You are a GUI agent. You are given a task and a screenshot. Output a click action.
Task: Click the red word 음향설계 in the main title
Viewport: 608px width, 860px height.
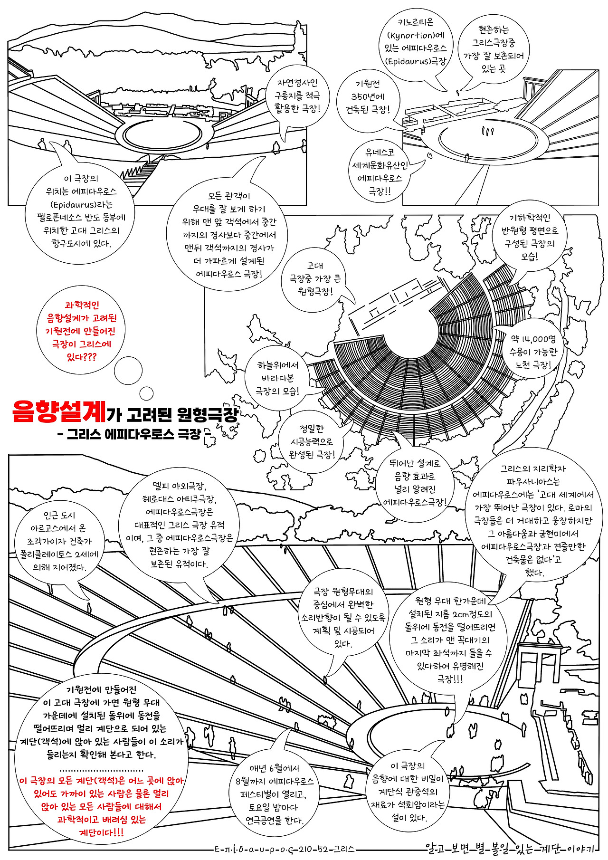[x=58, y=411]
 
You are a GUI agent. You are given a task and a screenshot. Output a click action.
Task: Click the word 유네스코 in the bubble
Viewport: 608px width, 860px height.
[x=380, y=153]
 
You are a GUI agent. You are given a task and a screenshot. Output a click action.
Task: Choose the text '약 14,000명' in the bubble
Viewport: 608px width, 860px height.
[x=533, y=339]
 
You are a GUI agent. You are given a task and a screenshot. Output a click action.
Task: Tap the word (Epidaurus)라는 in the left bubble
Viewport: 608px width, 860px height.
[x=81, y=205]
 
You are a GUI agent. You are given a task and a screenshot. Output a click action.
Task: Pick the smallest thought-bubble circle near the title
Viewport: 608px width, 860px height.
[x=146, y=393]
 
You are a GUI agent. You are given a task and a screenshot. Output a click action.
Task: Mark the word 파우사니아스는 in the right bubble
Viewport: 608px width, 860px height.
[x=533, y=481]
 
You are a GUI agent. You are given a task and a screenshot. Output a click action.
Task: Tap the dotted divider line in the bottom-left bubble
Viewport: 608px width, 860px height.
[x=102, y=770]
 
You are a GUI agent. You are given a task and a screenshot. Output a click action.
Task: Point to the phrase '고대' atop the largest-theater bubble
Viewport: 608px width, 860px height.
[x=315, y=266]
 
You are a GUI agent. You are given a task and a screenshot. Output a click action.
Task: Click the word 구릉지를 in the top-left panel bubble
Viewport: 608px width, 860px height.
[x=290, y=96]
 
